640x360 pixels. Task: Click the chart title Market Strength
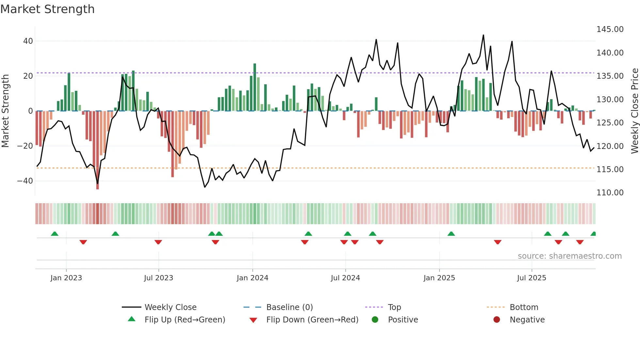tap(47, 9)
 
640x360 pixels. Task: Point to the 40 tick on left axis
tap(28, 41)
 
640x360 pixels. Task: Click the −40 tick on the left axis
tap(25, 181)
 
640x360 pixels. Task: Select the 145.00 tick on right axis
tap(610, 29)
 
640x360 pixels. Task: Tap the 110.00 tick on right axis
tap(610, 193)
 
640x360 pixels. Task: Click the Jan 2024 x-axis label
tap(252, 278)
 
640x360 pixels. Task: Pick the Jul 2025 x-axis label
tap(532, 278)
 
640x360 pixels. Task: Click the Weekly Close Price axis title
tap(634, 111)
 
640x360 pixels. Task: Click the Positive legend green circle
tap(375, 320)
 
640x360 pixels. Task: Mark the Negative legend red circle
tap(497, 320)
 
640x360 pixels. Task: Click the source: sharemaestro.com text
tap(569, 256)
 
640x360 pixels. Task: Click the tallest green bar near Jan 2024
tap(255, 87)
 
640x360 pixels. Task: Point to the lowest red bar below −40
tap(97, 150)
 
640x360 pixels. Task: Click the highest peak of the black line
tap(483, 35)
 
